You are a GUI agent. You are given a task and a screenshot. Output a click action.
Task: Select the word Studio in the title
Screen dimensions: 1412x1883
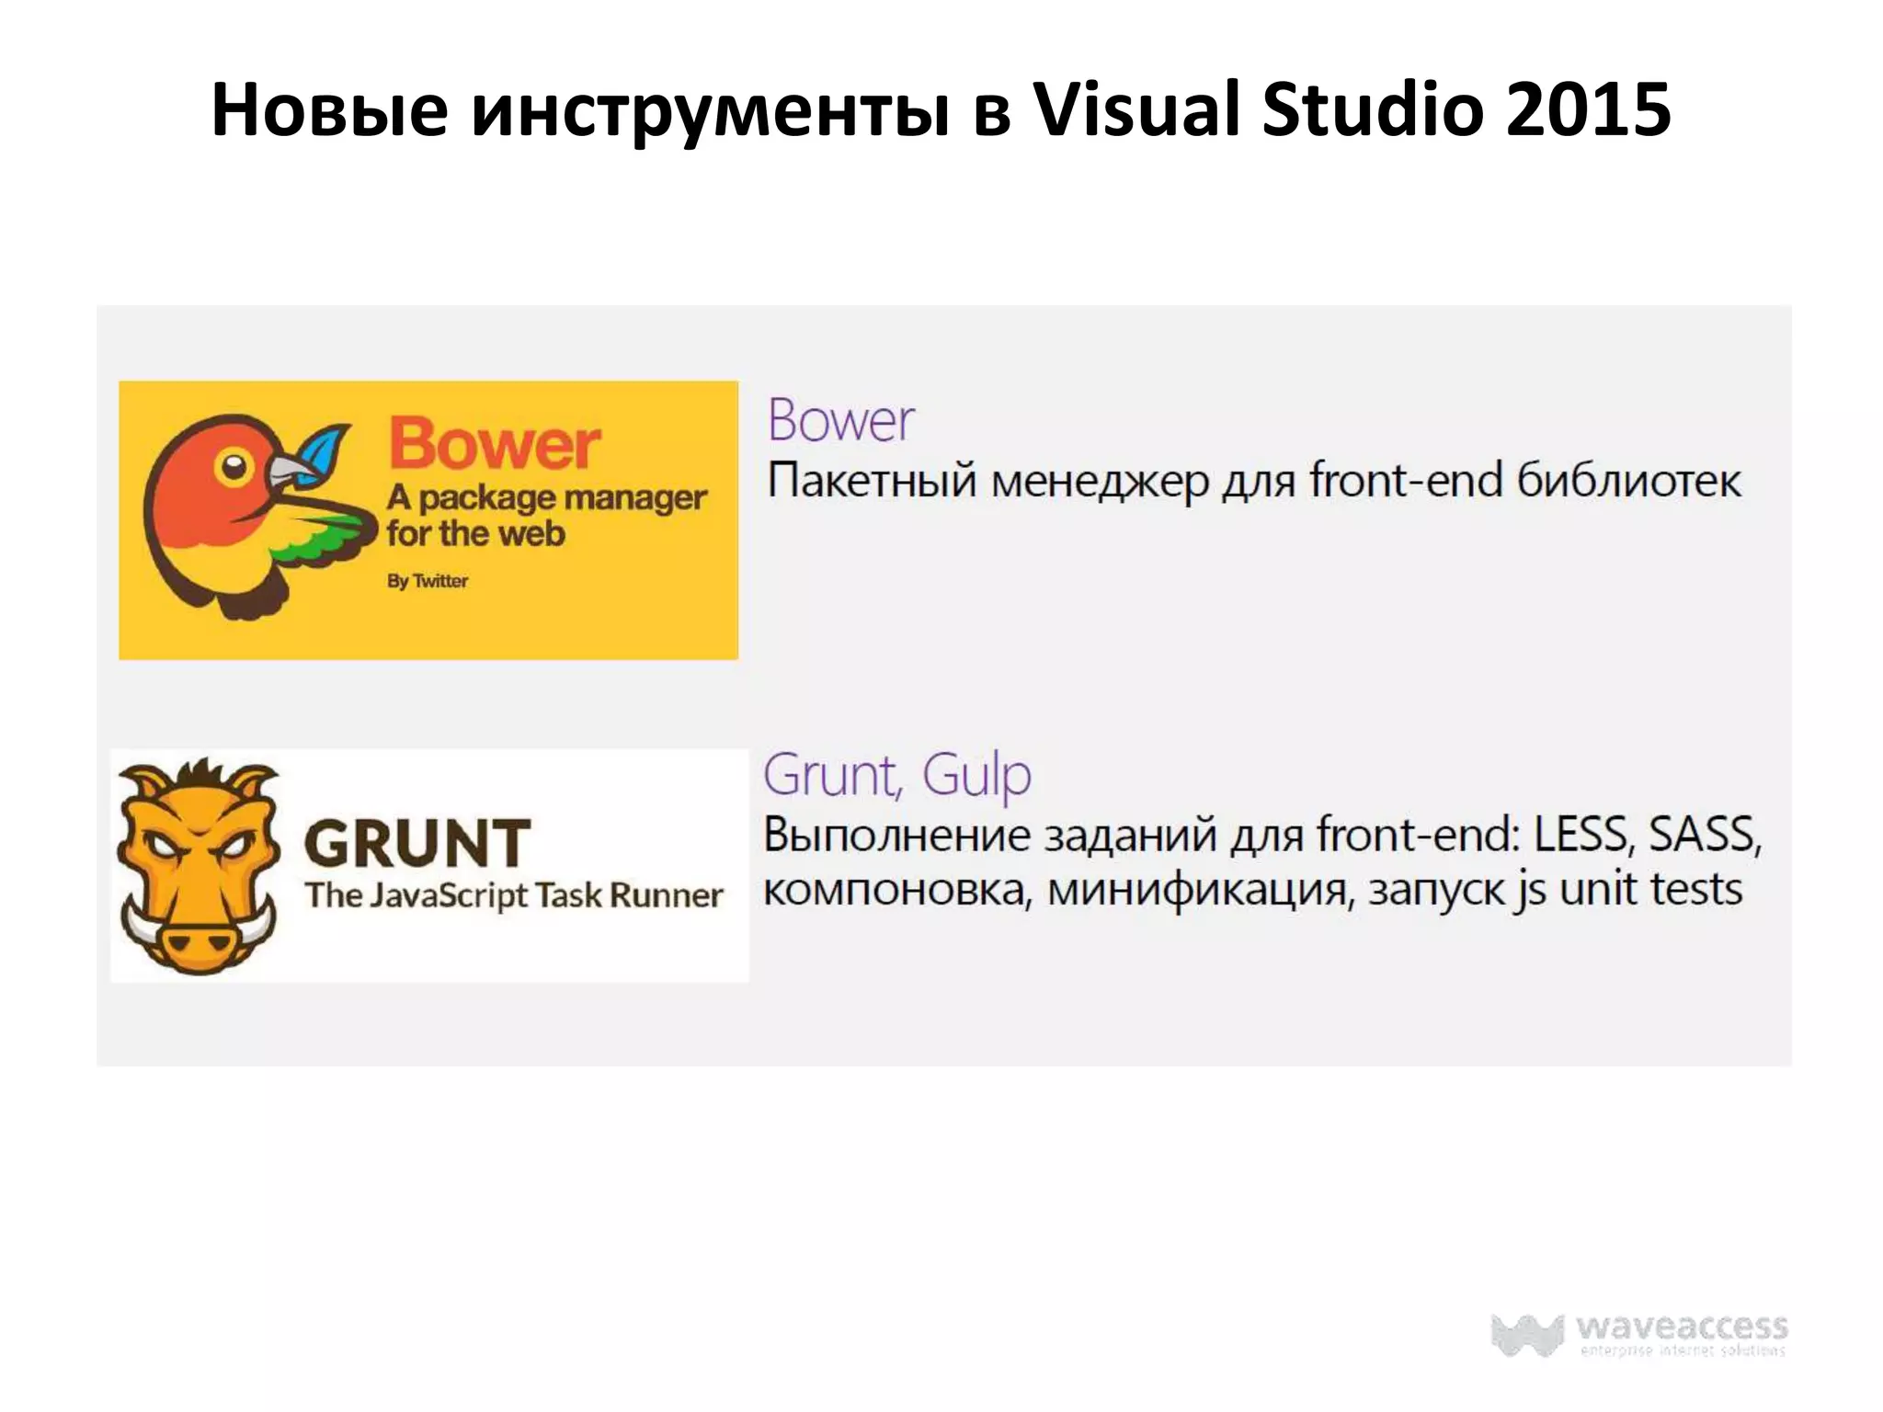pyautogui.click(x=1372, y=110)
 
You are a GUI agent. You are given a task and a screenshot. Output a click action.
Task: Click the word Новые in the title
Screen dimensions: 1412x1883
pyautogui.click(x=329, y=110)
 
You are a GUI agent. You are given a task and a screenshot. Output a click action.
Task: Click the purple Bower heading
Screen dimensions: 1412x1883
pyautogui.click(x=840, y=421)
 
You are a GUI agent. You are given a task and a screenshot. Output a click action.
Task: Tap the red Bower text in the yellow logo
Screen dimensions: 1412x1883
pyautogui.click(x=495, y=444)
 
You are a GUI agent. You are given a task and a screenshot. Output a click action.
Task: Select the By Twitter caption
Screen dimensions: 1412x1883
pyautogui.click(x=428, y=581)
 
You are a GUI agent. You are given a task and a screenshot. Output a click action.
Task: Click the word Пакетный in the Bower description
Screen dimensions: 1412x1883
pyautogui.click(x=872, y=481)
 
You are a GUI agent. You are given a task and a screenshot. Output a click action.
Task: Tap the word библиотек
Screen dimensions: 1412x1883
pyautogui.click(x=1628, y=481)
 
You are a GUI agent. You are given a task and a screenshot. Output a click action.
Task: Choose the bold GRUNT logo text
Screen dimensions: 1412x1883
pyautogui.click(x=417, y=843)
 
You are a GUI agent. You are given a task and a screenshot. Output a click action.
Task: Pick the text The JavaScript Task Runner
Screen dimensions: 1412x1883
pyautogui.click(x=514, y=895)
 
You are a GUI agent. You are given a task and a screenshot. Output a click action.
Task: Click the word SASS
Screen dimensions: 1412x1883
pyautogui.click(x=1703, y=835)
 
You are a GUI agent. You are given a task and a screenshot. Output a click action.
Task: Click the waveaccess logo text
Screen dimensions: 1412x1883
pyautogui.click(x=1682, y=1327)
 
